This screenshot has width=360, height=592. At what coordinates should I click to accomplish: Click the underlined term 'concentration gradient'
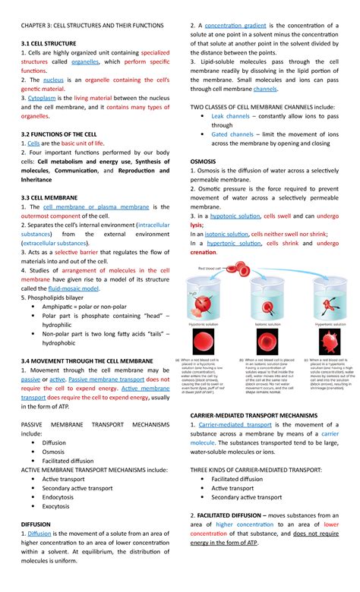(x=236, y=25)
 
